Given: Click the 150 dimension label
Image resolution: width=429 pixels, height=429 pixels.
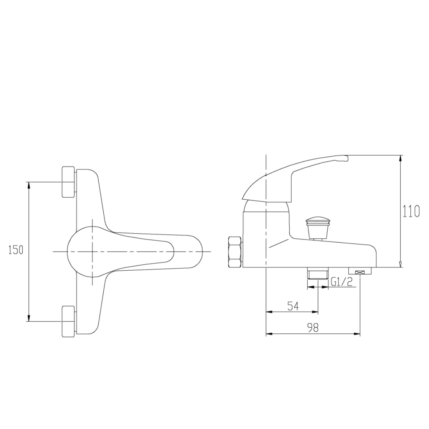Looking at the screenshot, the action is tap(15, 250).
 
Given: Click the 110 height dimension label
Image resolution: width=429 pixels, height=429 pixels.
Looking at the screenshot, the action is tap(411, 211).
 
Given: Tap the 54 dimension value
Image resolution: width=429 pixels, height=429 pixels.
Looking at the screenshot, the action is tap(293, 306).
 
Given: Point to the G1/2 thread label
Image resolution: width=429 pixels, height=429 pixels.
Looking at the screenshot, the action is tap(341, 282).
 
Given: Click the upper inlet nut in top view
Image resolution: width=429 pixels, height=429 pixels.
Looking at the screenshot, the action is tap(69, 181).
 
